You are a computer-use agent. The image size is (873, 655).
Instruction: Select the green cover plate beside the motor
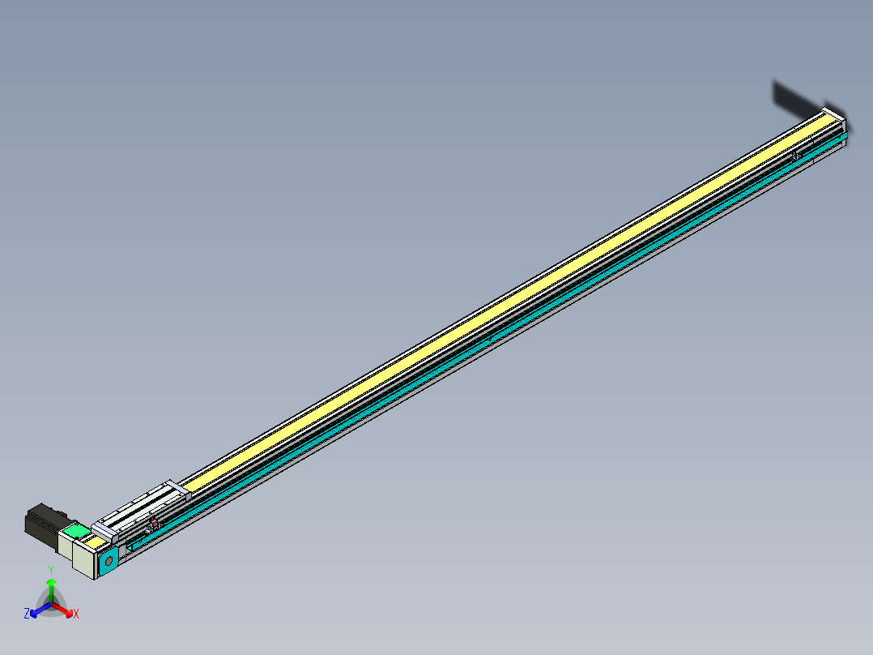pyautogui.click(x=76, y=532)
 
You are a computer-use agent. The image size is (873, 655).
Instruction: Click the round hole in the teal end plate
pyautogui.click(x=109, y=560)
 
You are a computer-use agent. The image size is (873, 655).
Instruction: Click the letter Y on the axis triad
pyautogui.click(x=50, y=571)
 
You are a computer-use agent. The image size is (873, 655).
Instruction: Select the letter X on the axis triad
pyautogui.click(x=76, y=614)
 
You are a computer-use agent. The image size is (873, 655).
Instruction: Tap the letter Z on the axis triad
pyautogui.click(x=27, y=614)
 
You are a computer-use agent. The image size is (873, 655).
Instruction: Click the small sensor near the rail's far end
pyautogui.click(x=796, y=154)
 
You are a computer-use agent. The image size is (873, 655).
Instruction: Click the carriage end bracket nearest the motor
pyautogui.click(x=104, y=532)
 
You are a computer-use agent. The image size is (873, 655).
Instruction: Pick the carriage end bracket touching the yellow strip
pyautogui.click(x=177, y=486)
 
